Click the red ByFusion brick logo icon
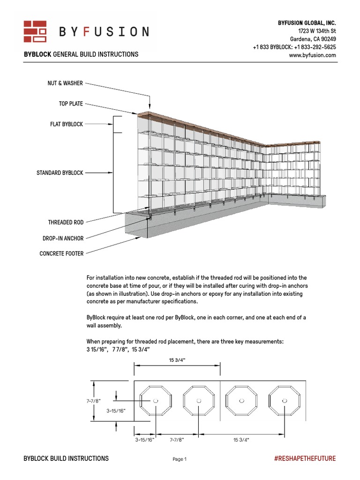click(35, 31)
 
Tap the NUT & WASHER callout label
click(66, 83)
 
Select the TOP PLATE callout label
click(70, 104)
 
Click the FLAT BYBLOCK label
click(67, 124)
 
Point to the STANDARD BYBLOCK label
click(60, 173)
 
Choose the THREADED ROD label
click(66, 223)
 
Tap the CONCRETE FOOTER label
click(61, 254)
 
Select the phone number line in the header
click(294, 47)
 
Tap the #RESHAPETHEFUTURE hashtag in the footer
click(305, 458)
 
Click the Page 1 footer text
click(180, 459)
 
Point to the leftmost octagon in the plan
click(156, 401)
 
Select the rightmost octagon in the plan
click(285, 401)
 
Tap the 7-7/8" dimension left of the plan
click(94, 401)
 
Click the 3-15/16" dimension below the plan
click(144, 440)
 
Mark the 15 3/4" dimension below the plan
click(241, 440)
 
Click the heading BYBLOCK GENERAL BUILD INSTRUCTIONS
click(81, 54)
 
